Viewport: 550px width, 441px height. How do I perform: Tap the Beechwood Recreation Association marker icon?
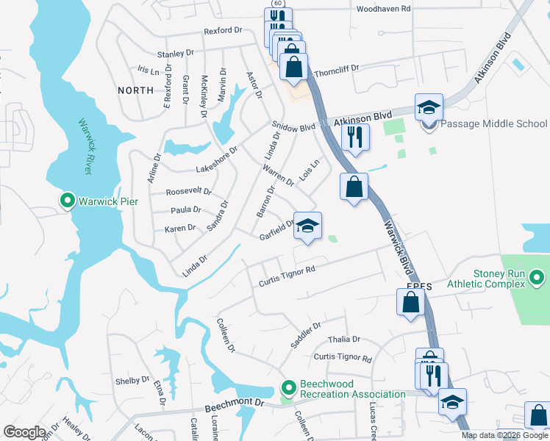(x=289, y=387)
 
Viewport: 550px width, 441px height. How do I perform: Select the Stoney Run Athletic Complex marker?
(x=537, y=279)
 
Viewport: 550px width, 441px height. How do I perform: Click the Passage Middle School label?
(x=495, y=124)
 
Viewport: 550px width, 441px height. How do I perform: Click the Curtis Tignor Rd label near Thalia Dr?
(x=343, y=358)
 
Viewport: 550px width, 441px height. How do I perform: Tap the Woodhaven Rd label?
(x=383, y=8)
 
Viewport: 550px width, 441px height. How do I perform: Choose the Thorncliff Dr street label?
(x=336, y=69)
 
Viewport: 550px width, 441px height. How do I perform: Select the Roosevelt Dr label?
(x=189, y=192)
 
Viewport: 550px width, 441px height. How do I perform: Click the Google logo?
(x=24, y=431)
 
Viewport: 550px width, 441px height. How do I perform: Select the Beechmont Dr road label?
(x=239, y=404)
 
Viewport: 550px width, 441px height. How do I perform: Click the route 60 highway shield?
(x=276, y=4)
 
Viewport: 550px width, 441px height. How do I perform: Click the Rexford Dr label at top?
(x=223, y=31)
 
